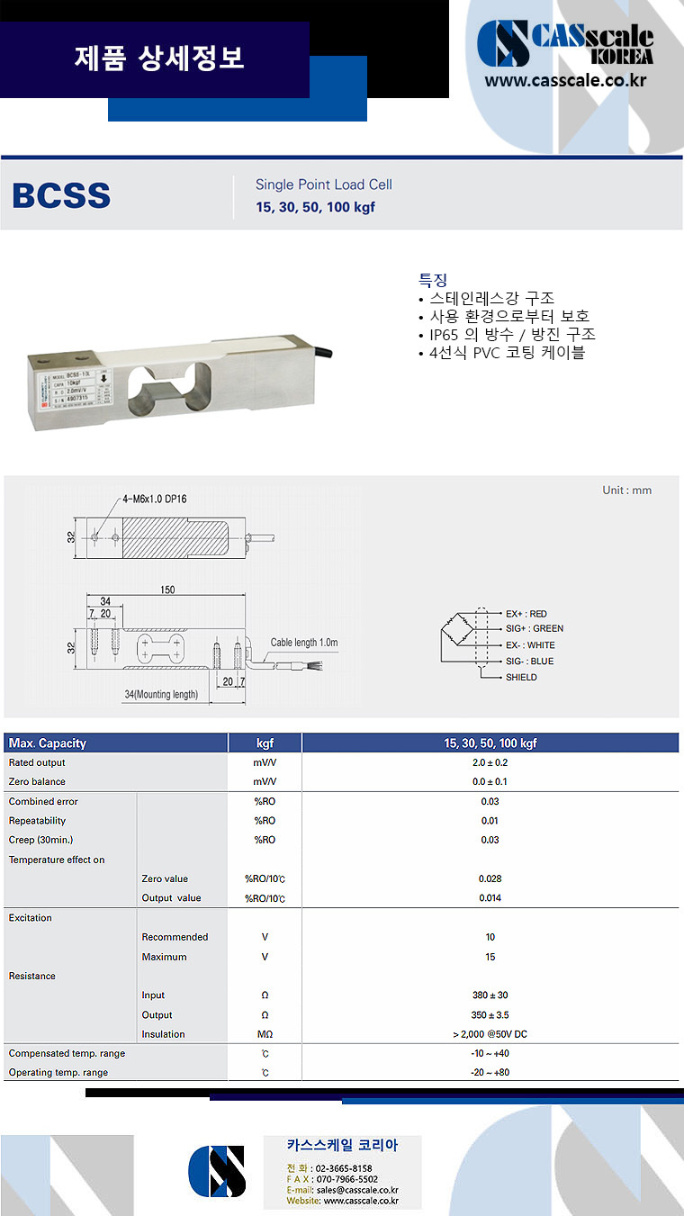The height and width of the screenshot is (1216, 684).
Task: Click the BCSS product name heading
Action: pyautogui.click(x=61, y=195)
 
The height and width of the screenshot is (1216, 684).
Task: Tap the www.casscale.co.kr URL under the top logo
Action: pyautogui.click(x=566, y=80)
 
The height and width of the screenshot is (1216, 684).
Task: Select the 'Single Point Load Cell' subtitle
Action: pyautogui.click(x=323, y=185)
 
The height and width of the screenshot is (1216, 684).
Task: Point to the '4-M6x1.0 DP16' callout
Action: pyautogui.click(x=155, y=499)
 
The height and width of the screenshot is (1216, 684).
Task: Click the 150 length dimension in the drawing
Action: pyautogui.click(x=166, y=590)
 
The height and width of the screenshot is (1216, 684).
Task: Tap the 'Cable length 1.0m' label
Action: pyautogui.click(x=304, y=643)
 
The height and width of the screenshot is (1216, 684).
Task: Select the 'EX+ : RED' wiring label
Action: pyautogui.click(x=526, y=614)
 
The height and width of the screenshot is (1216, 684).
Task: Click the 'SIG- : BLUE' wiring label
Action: pyautogui.click(x=529, y=661)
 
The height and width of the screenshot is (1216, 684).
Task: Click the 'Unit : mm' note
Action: pyautogui.click(x=626, y=491)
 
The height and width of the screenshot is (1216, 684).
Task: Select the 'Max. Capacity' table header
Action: pyautogui.click(x=47, y=743)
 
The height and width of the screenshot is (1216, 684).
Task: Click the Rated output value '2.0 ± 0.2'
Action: pyautogui.click(x=490, y=762)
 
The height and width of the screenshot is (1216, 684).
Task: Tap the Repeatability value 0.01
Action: pyautogui.click(x=490, y=821)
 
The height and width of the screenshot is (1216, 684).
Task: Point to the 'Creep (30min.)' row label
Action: pyautogui.click(x=41, y=840)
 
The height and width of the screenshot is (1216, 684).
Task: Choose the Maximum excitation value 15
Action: pyautogui.click(x=490, y=957)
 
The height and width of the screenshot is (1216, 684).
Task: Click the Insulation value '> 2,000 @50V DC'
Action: pyautogui.click(x=490, y=1034)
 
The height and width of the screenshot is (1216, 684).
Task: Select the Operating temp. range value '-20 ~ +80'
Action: pyautogui.click(x=490, y=1073)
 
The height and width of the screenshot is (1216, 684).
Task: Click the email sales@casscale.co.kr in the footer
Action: pyautogui.click(x=355, y=1190)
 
